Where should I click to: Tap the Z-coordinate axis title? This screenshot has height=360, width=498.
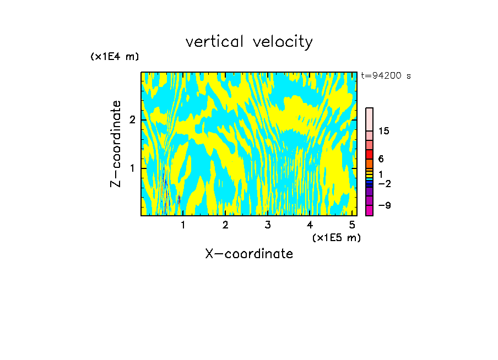(116, 144)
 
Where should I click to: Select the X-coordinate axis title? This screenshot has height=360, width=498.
(249, 254)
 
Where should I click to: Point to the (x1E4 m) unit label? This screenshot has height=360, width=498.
(115, 57)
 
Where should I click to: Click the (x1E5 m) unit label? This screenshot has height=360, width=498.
(336, 237)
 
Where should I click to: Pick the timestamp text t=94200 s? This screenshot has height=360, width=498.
(386, 76)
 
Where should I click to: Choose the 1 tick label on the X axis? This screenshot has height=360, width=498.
(183, 225)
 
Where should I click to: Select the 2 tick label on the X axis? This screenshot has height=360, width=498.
(225, 225)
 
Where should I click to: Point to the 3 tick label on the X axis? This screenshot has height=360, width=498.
(268, 225)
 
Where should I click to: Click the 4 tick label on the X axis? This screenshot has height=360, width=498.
(310, 225)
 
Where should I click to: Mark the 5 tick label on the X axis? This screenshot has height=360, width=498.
(352, 225)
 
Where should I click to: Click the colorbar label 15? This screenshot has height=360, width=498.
(384, 131)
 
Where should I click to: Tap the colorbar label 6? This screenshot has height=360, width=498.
(381, 159)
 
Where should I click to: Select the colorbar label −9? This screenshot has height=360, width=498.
(384, 206)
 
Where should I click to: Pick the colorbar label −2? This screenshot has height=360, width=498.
(384, 183)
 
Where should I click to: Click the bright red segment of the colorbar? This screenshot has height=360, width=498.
(369, 154)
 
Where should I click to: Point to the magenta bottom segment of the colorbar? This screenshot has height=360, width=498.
(369, 210)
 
